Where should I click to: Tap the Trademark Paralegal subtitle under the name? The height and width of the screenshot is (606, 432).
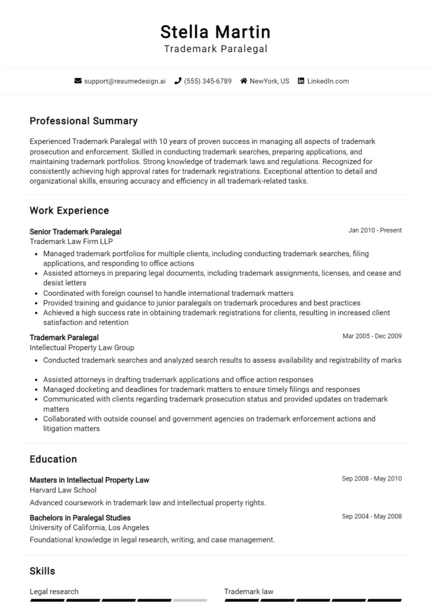(x=215, y=49)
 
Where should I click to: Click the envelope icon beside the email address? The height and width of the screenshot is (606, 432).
(x=78, y=81)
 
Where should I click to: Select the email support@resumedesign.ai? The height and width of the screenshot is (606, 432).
(x=125, y=81)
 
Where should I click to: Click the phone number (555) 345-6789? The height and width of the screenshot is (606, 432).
(x=208, y=81)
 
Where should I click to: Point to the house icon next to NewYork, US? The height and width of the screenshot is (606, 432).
(x=243, y=81)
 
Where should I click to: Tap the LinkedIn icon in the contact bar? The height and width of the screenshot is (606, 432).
(x=301, y=81)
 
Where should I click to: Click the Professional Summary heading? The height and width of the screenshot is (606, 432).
(x=83, y=121)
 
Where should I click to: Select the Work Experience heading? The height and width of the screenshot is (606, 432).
(x=69, y=211)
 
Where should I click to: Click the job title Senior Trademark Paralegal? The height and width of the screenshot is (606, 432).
(x=75, y=231)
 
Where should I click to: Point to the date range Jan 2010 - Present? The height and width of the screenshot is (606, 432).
(x=375, y=231)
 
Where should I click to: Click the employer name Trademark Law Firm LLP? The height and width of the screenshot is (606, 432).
(x=71, y=241)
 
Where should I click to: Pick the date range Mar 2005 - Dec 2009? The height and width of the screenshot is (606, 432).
(x=372, y=336)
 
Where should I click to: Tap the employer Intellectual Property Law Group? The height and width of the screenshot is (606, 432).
(x=82, y=347)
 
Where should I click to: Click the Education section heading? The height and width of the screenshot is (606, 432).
(x=53, y=459)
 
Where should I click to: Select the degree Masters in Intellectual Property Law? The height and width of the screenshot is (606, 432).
(x=89, y=480)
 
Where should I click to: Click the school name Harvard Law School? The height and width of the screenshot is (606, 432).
(x=63, y=490)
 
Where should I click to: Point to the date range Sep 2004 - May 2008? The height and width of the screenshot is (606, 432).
(x=371, y=517)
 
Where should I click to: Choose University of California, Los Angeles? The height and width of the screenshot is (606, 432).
(x=89, y=527)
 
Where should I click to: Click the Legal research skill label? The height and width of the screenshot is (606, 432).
(x=54, y=591)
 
